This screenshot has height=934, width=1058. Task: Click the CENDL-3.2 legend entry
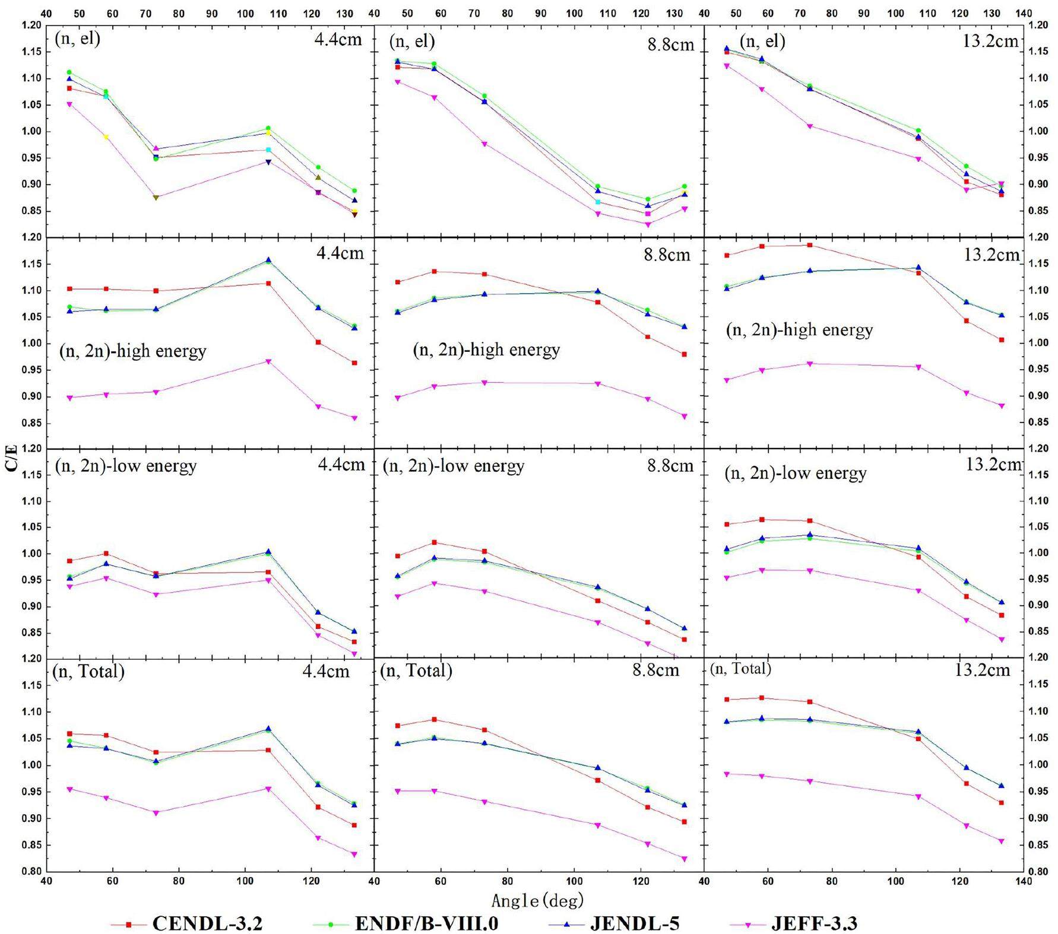[207, 923]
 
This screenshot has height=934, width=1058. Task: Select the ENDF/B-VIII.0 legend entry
[426, 923]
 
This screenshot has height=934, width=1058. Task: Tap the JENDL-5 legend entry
[634, 923]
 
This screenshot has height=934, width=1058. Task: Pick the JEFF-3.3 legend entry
[814, 923]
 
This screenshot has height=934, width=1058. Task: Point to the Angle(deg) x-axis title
[537, 901]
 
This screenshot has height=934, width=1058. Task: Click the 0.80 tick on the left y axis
[32, 871]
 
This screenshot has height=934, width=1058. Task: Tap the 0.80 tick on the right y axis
[1040, 871]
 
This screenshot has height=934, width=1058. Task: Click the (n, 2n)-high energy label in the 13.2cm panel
[799, 330]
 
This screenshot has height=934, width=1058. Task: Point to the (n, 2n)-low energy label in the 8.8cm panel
[454, 466]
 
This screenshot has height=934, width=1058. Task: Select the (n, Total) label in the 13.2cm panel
[740, 669]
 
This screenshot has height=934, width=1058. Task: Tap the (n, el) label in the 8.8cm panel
[412, 41]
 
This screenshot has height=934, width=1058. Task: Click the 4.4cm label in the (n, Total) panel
[326, 671]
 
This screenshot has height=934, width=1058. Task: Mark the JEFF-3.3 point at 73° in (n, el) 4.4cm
[156, 197]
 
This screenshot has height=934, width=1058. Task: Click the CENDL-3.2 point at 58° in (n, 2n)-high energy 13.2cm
[762, 246]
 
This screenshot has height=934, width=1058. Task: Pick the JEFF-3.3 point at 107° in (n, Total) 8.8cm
[598, 825]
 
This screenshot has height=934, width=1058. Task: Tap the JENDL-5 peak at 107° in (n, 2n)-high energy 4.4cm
[268, 260]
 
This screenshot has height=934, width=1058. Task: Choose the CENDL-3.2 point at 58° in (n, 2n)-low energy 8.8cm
[434, 542]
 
